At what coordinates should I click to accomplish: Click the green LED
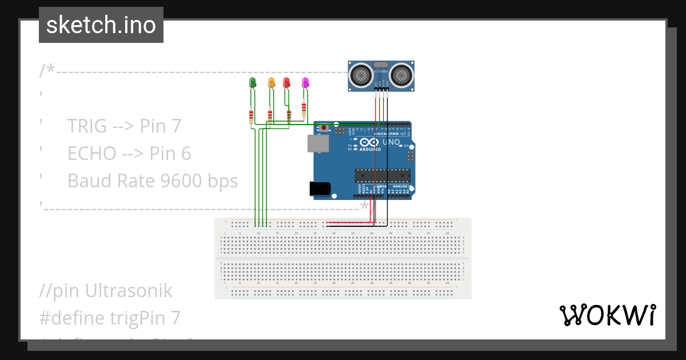coord(252,83)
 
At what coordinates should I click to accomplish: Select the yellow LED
coord(272,83)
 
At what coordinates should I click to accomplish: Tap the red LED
coord(286,83)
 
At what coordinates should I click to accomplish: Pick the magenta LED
coord(305,83)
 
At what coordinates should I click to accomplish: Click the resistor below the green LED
coord(251,117)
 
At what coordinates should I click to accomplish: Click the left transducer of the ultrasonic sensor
coord(361,74)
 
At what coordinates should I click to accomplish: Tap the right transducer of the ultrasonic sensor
coord(401,74)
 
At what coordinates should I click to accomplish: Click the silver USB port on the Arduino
coord(318,144)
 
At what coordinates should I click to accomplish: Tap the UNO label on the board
coord(391,142)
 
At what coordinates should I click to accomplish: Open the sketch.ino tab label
coord(101,25)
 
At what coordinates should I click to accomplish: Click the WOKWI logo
coord(607,315)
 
